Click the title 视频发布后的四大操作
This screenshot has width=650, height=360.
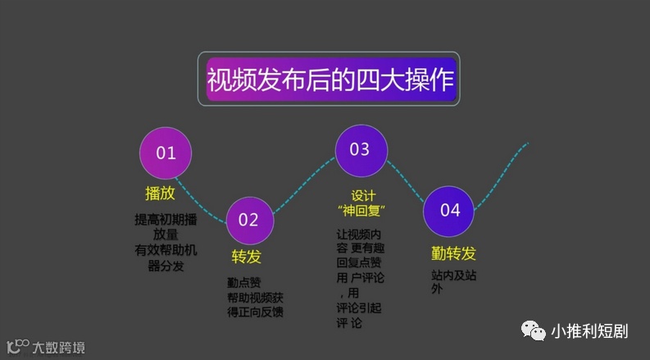329,80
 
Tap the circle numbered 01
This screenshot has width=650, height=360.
166,153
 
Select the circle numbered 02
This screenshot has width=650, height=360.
248,219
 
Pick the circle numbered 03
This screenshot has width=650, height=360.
360,150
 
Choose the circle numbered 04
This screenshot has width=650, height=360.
450,211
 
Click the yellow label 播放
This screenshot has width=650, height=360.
160,194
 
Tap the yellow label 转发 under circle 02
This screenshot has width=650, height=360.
247,257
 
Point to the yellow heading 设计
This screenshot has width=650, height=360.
363,195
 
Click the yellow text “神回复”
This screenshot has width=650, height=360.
362,211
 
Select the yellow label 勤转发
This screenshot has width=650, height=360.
453,252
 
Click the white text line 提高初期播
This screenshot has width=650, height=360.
166,220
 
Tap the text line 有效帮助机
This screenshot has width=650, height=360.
166,250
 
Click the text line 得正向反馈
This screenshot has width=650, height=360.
256,312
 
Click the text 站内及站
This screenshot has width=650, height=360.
453,276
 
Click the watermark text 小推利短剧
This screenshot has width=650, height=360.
589,332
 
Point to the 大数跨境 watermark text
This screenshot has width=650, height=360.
57,346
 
